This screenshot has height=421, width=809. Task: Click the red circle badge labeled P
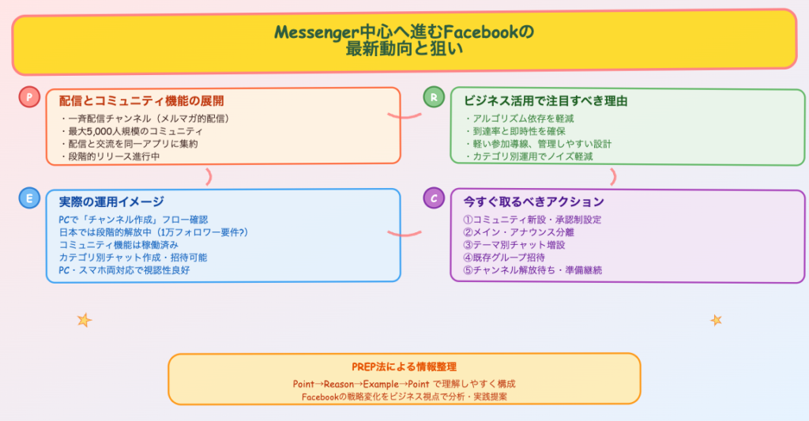[x=29, y=97]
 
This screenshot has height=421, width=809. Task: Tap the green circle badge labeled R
[x=434, y=97]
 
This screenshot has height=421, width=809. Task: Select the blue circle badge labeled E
[x=29, y=198]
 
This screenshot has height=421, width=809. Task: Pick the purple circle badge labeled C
[x=434, y=198]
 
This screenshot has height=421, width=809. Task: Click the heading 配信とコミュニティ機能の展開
[x=141, y=101]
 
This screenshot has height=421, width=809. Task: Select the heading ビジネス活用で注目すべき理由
[x=546, y=101]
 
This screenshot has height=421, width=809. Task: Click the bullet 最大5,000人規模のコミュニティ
[x=131, y=131]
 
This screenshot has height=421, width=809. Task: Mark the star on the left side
[x=84, y=320]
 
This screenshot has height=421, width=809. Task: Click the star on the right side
[x=716, y=320]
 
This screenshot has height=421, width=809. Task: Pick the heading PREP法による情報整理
[x=404, y=367]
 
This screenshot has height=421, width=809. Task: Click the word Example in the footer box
[x=382, y=384]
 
